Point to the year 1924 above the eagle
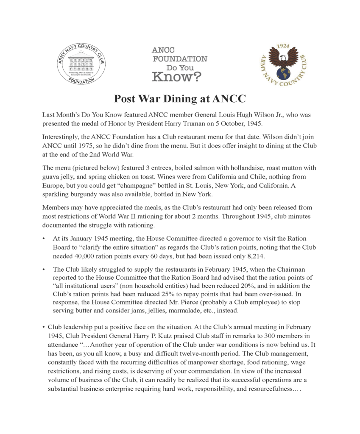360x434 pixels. pos(283,45)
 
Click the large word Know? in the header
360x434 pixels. pos(177,77)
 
